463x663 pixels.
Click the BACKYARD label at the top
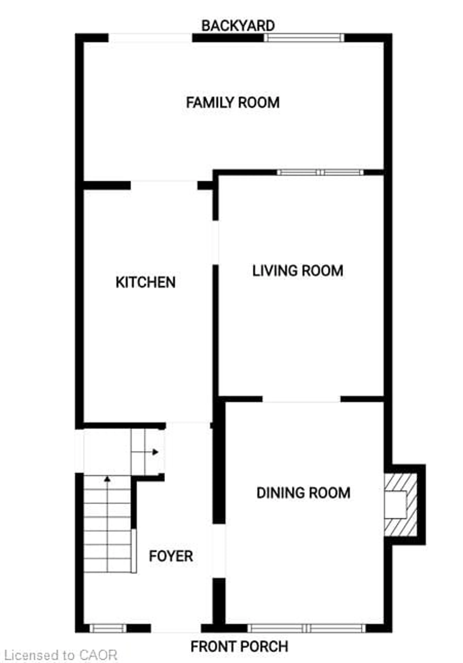point(238,26)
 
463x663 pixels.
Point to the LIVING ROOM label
point(298,271)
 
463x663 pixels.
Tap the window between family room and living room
point(320,172)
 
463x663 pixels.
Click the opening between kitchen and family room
point(164,185)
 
